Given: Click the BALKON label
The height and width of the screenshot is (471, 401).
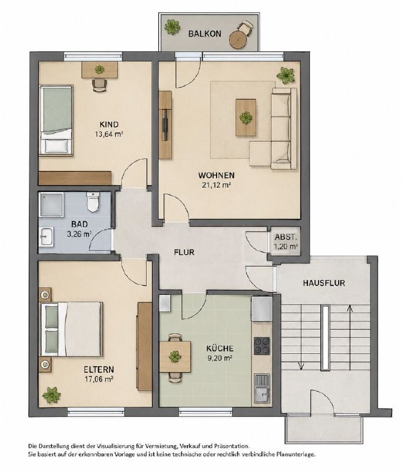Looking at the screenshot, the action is [204, 34].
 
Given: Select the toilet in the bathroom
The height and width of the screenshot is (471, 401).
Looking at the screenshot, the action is [93, 202].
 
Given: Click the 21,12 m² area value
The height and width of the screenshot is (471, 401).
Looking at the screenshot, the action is [216, 185].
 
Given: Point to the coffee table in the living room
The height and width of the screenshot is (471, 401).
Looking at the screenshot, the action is [246, 118].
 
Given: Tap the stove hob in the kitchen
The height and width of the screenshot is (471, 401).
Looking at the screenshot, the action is [262, 346].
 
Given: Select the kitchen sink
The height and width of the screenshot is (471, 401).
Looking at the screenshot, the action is [262, 388].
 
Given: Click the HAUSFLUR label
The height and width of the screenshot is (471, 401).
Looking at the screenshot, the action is [324, 283].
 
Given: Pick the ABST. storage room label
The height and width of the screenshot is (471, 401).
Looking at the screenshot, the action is [286, 237].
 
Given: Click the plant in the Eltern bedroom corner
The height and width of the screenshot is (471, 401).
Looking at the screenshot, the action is [51, 395].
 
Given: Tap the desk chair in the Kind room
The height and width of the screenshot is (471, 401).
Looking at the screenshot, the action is [99, 85].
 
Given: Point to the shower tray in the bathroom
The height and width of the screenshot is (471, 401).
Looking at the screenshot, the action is [52, 205].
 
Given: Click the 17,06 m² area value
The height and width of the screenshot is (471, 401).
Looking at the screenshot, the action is [99, 379].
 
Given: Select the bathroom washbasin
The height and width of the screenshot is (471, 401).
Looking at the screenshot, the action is [47, 237].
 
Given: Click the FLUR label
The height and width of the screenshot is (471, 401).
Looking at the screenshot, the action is [184, 253].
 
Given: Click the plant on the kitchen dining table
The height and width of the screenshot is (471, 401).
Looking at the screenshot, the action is [175, 357].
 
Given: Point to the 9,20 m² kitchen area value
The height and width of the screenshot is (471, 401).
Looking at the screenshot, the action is [220, 358].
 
